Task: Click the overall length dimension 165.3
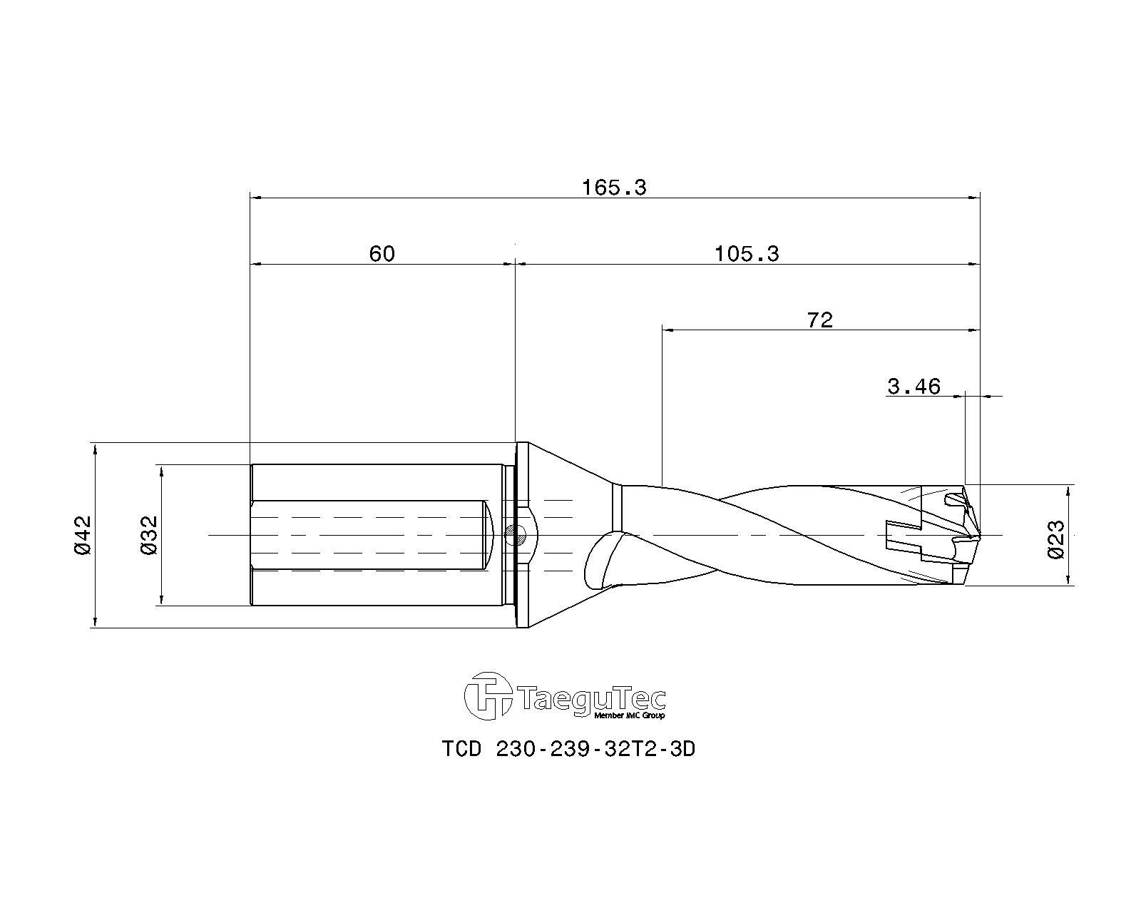(614, 188)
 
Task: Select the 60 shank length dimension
(382, 254)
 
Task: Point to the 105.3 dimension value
(747, 254)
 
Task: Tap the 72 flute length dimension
(819, 320)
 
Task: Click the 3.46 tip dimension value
(914, 387)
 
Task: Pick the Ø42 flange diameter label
(83, 535)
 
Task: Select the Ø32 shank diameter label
(149, 535)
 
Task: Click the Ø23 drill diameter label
(1055, 539)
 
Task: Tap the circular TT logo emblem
(488, 695)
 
